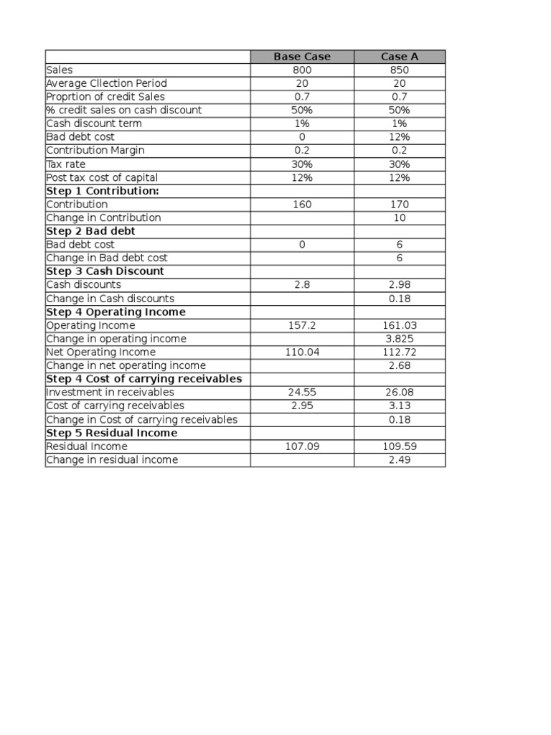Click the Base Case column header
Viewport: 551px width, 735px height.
(x=302, y=57)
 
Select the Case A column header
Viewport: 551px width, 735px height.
(x=400, y=57)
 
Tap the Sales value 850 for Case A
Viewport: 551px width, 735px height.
(x=400, y=70)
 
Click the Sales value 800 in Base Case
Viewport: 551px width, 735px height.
(x=302, y=70)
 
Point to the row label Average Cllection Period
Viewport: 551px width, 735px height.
(x=106, y=83)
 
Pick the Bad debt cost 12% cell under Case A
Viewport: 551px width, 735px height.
(x=400, y=137)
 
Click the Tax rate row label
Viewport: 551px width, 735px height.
(x=65, y=164)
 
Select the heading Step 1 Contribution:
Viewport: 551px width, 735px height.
(x=103, y=191)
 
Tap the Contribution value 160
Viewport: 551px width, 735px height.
(x=302, y=205)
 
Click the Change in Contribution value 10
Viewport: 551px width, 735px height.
(x=400, y=217)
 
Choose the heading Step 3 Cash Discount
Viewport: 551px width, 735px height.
(x=105, y=271)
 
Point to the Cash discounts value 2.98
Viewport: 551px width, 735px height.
(x=400, y=285)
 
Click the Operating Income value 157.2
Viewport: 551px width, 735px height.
(x=302, y=325)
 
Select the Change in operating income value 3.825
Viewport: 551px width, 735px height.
(x=400, y=339)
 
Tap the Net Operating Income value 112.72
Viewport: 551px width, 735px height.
(x=400, y=352)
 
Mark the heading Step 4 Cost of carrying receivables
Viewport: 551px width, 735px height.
(x=143, y=379)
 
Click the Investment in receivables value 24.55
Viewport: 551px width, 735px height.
(x=302, y=393)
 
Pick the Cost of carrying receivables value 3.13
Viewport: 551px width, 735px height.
(x=400, y=406)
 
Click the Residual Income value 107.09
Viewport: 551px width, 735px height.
(x=302, y=446)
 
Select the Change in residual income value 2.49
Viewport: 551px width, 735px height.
(x=400, y=459)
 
